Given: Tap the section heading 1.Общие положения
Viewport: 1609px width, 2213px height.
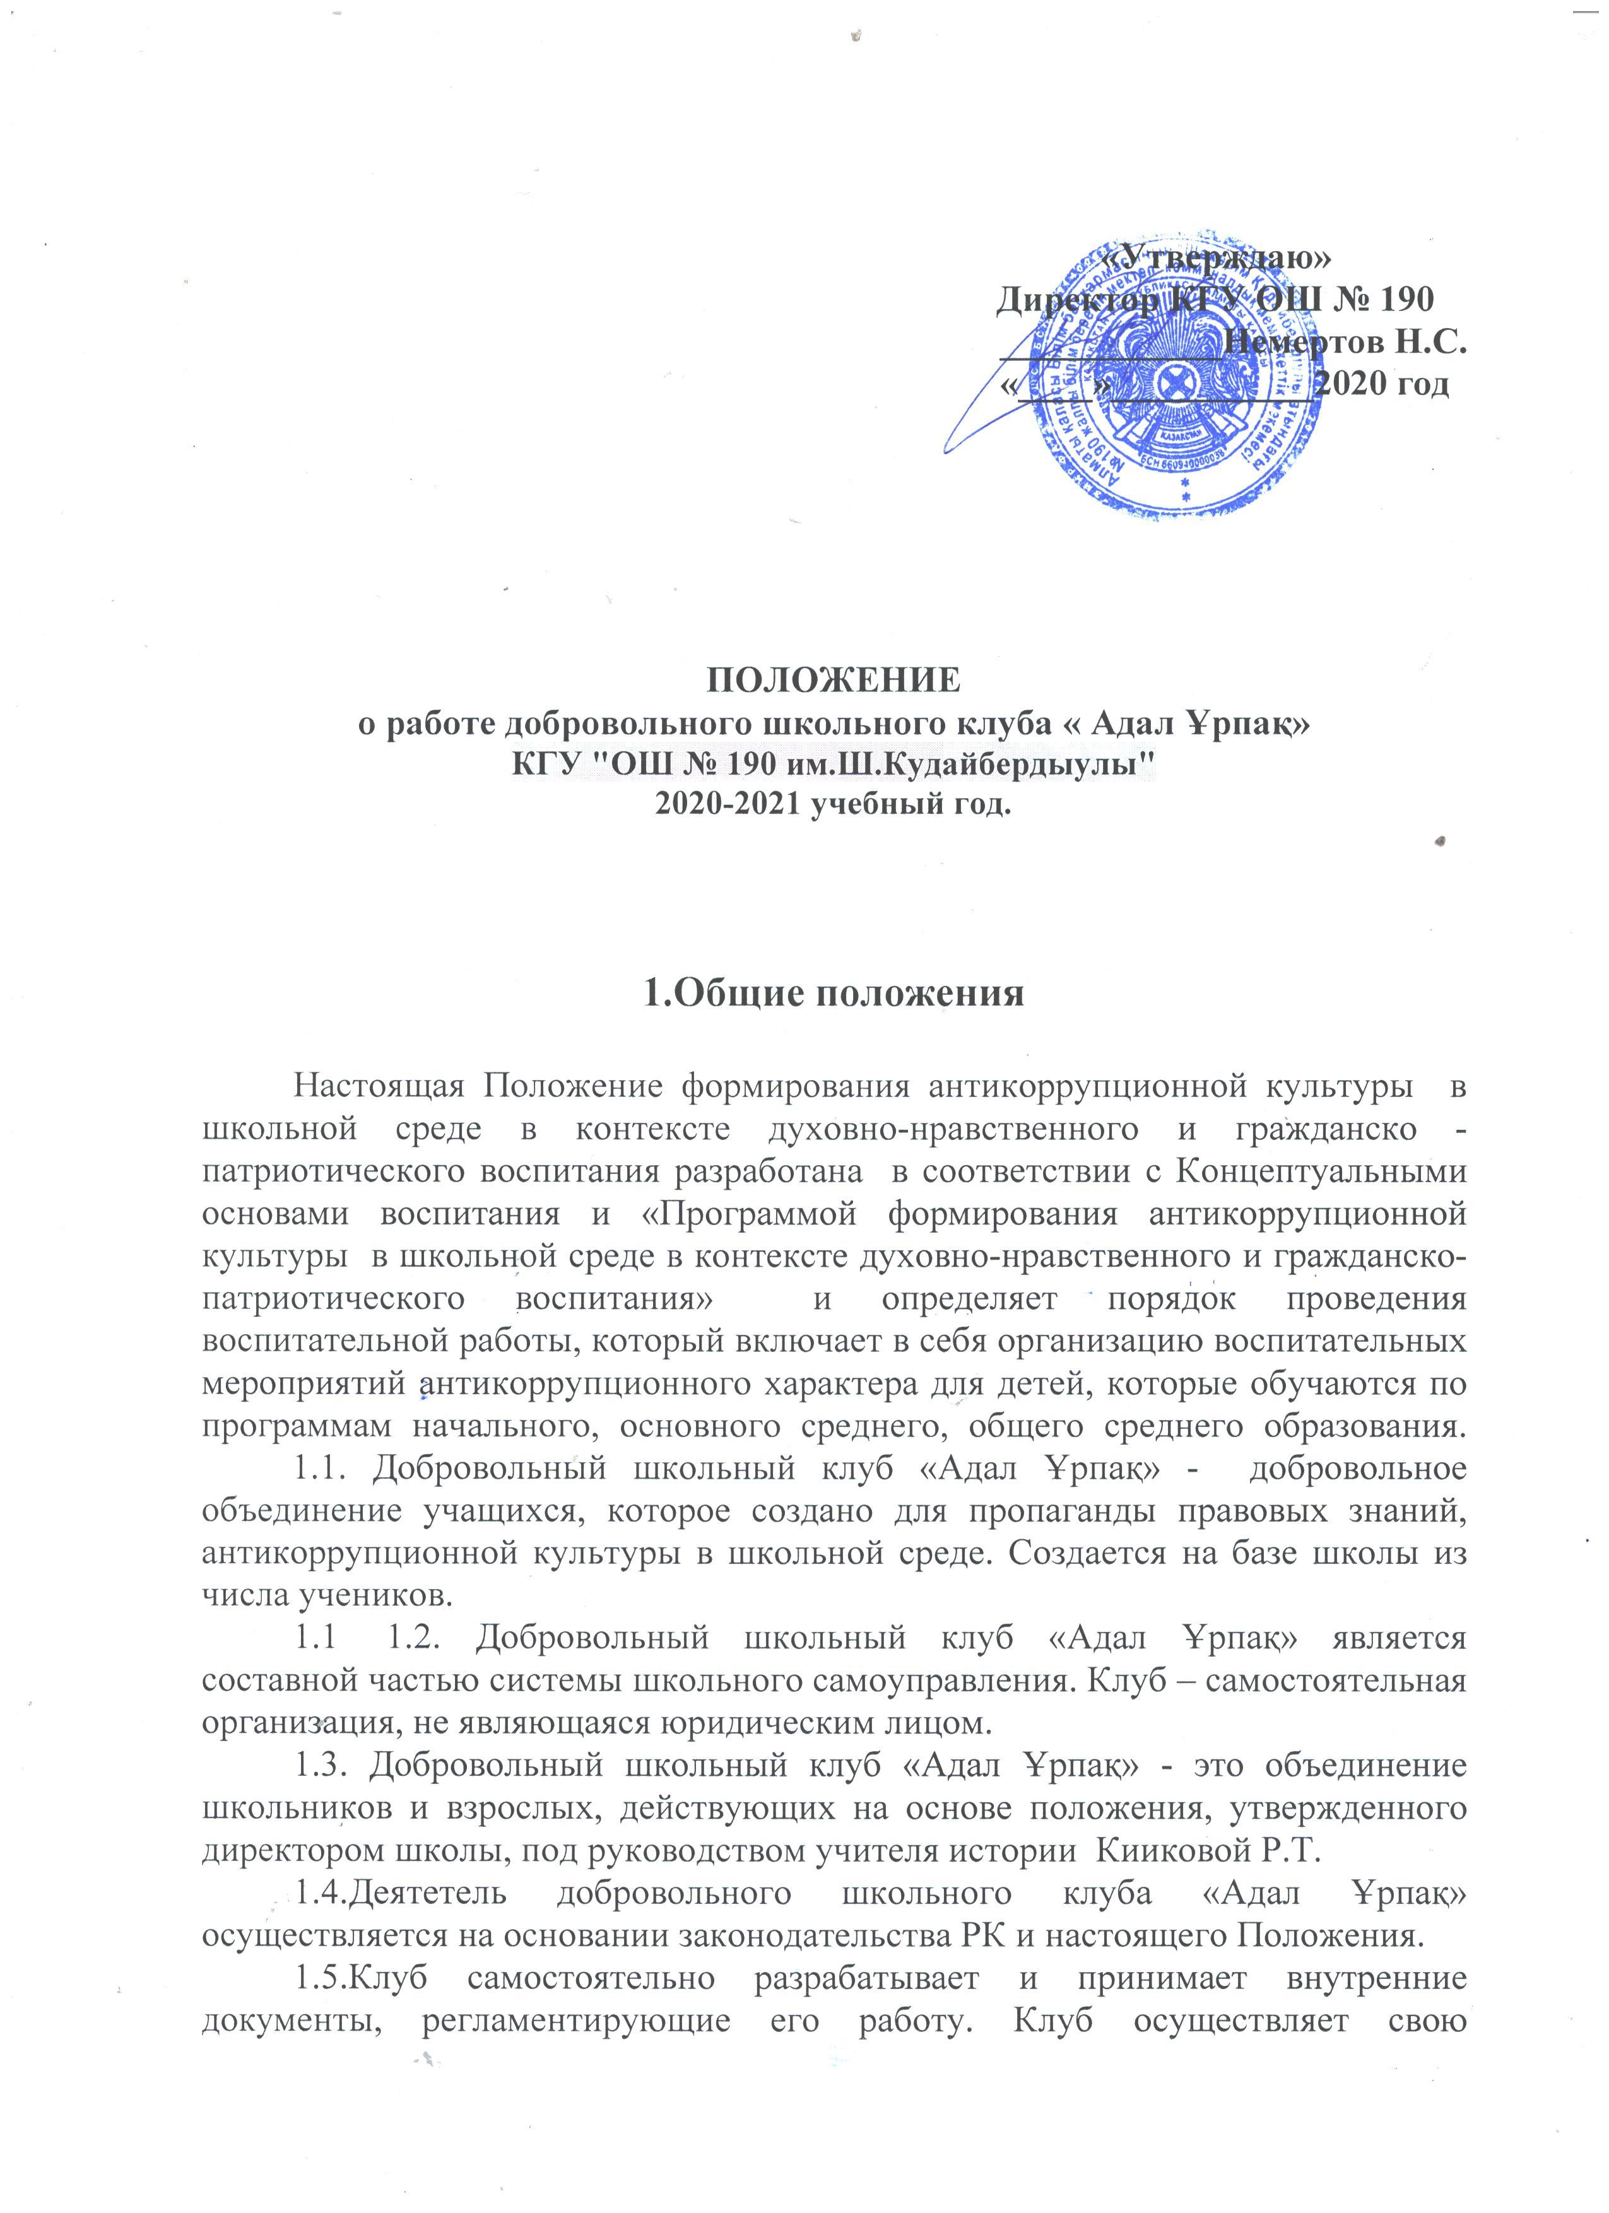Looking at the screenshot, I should pyautogui.click(x=834, y=992).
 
